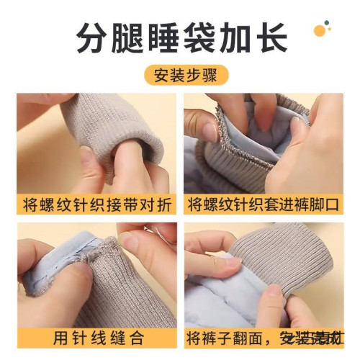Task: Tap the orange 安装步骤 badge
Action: [x=181, y=74]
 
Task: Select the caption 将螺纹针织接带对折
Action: [x=96, y=204]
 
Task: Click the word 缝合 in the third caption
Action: [x=125, y=337]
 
